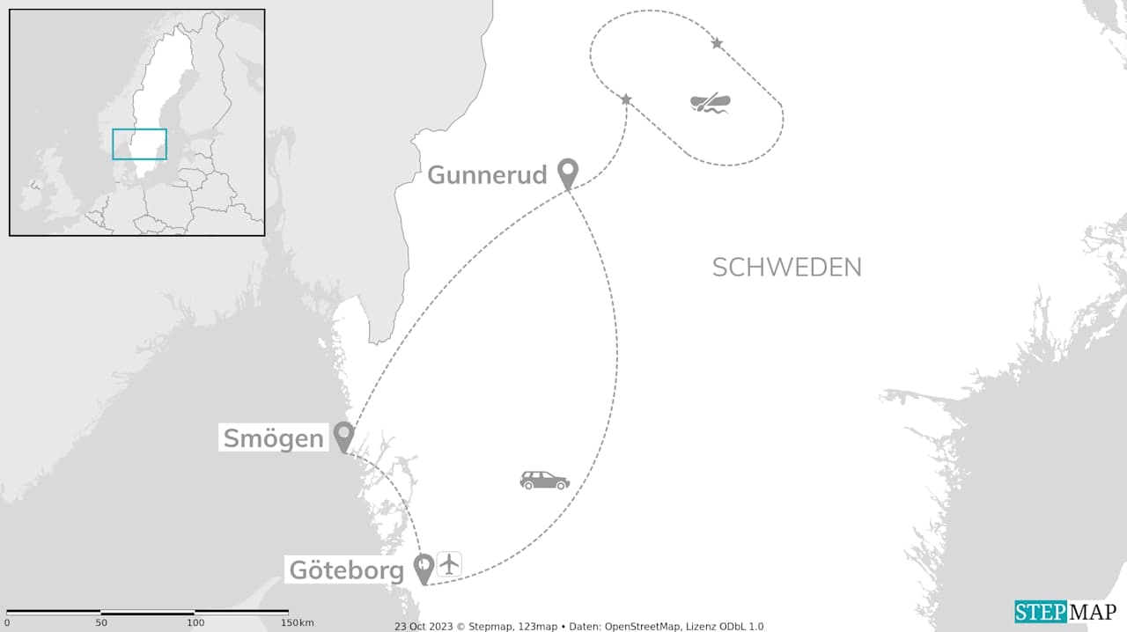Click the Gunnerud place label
487,175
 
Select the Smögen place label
273,437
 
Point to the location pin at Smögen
343,435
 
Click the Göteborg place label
347,570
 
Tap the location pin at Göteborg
424,567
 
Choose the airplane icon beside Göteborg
449,563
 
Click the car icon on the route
544,481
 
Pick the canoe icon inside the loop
711,103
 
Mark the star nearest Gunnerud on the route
626,99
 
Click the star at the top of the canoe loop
717,43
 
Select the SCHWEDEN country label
786,268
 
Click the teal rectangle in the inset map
139,144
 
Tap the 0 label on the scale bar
7,623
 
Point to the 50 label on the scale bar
101,623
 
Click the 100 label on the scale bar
195,623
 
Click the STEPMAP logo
1065,612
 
